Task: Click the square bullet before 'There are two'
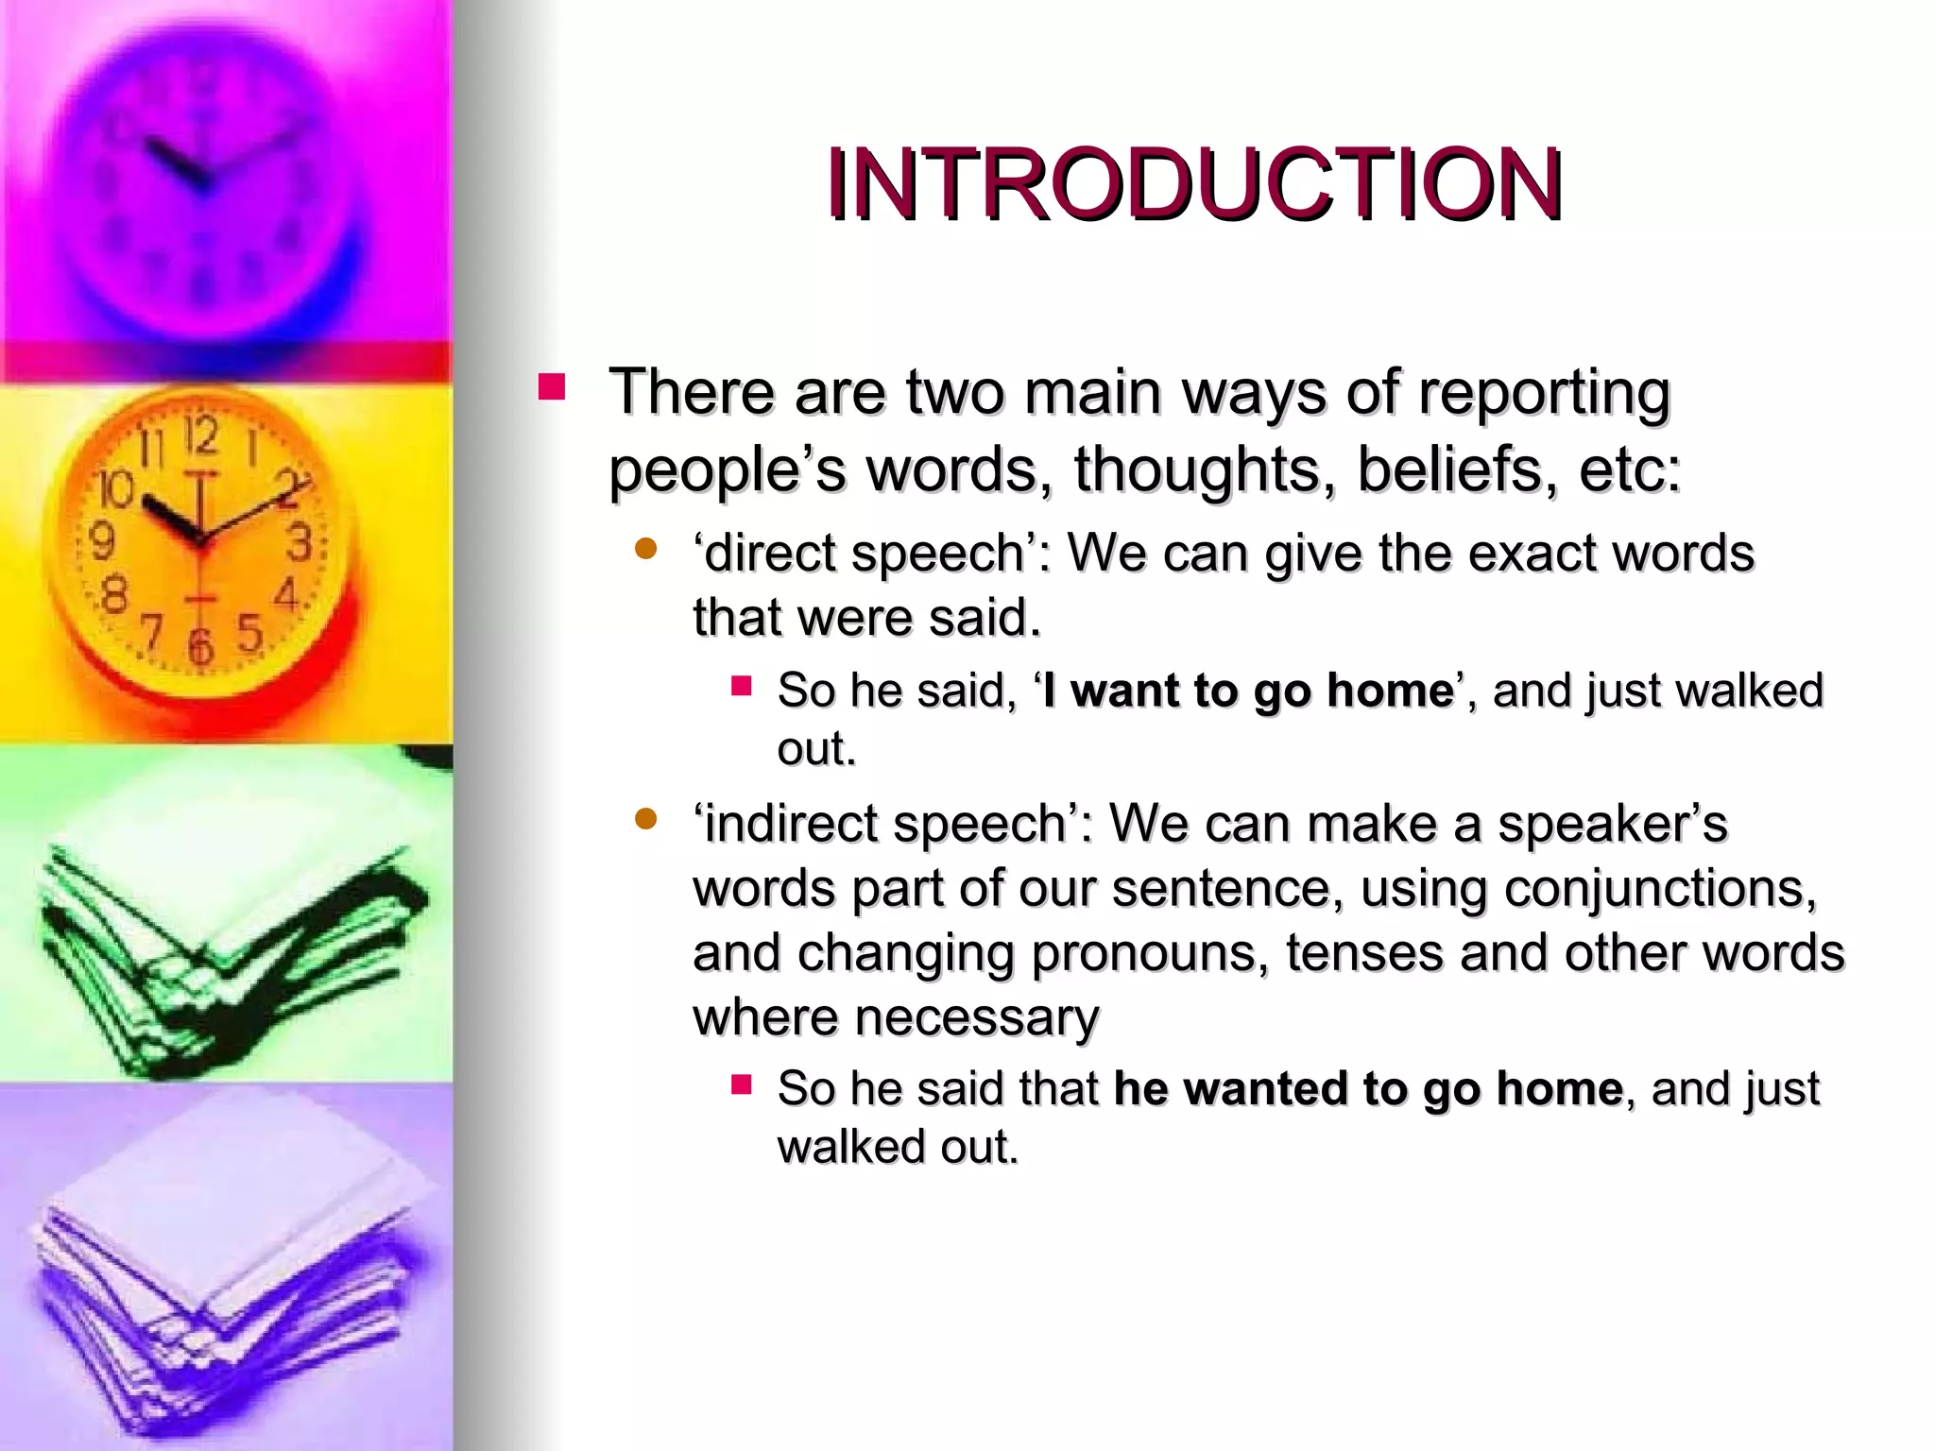tap(551, 387)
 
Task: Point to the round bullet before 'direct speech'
tap(646, 549)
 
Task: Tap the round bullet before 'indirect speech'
tap(646, 819)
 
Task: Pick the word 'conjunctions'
tap(1660, 889)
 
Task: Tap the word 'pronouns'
tap(1148, 953)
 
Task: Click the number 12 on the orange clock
tap(201, 436)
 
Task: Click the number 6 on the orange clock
tap(200, 646)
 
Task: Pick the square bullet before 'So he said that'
tap(741, 1084)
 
